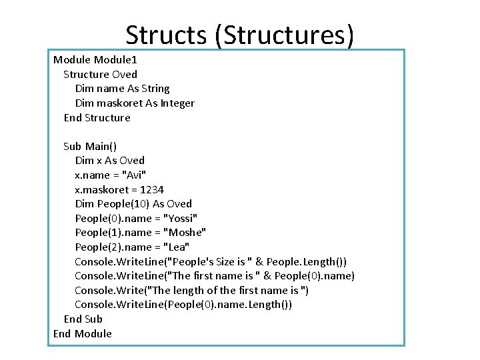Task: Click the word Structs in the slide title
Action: coord(167,35)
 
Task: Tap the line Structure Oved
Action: coord(100,74)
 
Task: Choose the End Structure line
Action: coord(97,118)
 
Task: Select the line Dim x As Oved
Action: coord(109,161)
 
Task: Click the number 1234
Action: coord(152,189)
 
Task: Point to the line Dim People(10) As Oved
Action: coord(133,204)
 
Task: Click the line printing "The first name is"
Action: coord(214,276)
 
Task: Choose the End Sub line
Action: coord(83,319)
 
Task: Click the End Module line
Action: coord(83,334)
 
